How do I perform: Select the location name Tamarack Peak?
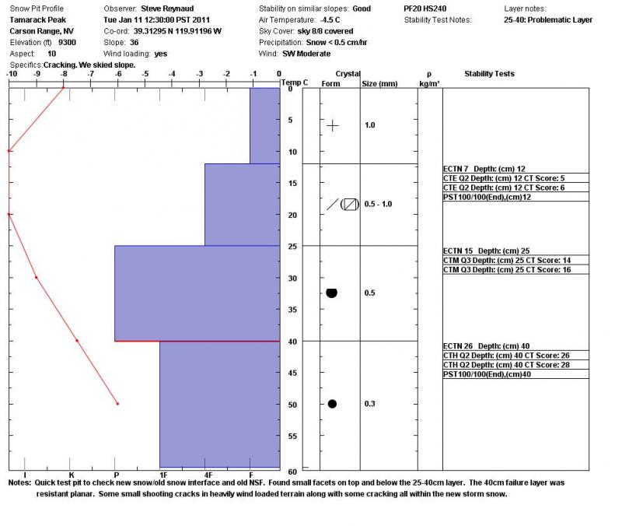(x=37, y=19)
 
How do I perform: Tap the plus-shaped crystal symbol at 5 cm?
(x=333, y=125)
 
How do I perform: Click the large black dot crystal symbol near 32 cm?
(x=332, y=293)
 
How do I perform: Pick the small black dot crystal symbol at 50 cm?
(x=332, y=404)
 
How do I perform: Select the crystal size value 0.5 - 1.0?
(x=379, y=204)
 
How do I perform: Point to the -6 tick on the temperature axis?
(x=117, y=75)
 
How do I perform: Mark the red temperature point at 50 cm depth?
(x=117, y=404)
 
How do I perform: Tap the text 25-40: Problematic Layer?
(x=548, y=19)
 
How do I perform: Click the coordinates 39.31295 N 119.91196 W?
(x=178, y=31)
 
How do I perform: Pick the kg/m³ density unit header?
(x=429, y=83)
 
